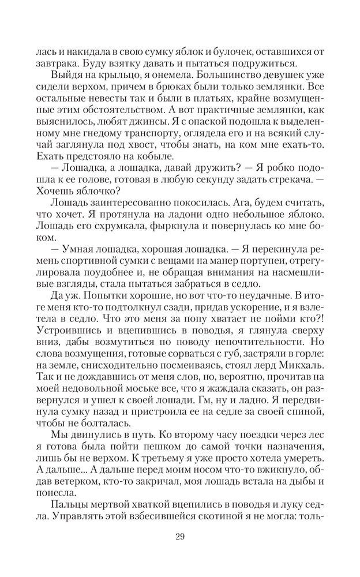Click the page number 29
(x=180, y=537)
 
